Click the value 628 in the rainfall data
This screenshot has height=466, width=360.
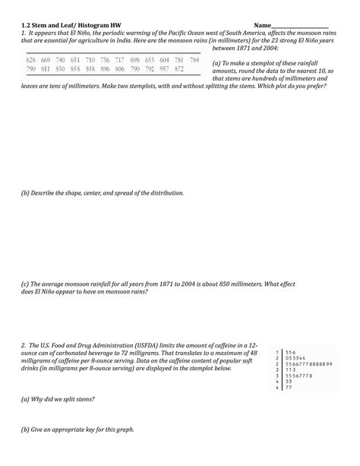[x=31, y=59]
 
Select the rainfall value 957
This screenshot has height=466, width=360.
[x=163, y=69]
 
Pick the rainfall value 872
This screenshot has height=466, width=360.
[x=178, y=69]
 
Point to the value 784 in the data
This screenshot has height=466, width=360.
[x=194, y=59]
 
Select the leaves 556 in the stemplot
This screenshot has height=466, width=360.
[x=291, y=351]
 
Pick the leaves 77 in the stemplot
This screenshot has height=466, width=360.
[x=289, y=388]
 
